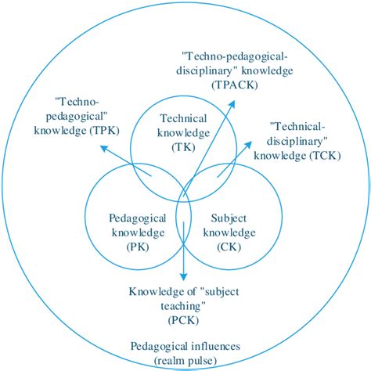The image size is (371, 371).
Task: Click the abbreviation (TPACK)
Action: click(x=235, y=85)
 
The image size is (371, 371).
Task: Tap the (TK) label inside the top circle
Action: click(x=183, y=147)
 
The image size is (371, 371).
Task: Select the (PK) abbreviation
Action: click(x=138, y=247)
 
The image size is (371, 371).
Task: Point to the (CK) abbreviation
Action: click(x=229, y=247)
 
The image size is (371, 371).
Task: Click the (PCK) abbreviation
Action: click(x=183, y=320)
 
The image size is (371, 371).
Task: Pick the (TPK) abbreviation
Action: click(x=104, y=131)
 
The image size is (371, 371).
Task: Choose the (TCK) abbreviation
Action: click(x=325, y=156)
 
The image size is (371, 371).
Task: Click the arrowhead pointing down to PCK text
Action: click(x=184, y=276)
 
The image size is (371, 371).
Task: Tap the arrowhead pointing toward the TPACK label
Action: click(x=232, y=104)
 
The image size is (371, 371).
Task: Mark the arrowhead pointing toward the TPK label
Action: click(x=104, y=149)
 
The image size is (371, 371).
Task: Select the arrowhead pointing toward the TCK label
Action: click(x=248, y=145)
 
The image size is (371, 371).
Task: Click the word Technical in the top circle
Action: click(x=183, y=118)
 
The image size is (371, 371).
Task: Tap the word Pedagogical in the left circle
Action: click(x=138, y=218)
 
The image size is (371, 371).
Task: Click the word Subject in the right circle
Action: click(x=229, y=218)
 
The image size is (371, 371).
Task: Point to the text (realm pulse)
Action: click(x=185, y=361)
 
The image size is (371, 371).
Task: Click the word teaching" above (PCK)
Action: click(x=183, y=306)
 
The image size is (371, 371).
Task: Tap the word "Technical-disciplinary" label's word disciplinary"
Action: click(x=297, y=142)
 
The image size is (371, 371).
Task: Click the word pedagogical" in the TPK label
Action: click(x=77, y=117)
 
